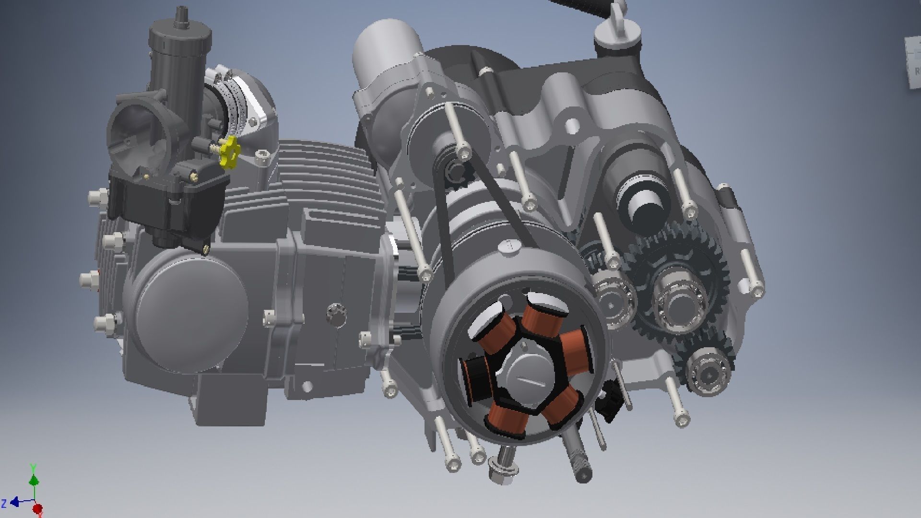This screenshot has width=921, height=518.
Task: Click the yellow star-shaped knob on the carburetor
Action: (x=229, y=152)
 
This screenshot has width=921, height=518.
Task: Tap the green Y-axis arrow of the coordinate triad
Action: (x=34, y=480)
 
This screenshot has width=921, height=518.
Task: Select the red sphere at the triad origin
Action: (x=37, y=508)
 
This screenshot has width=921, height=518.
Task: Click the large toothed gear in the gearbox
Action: (x=681, y=288)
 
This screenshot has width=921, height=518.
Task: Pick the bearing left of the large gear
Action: (x=612, y=297)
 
